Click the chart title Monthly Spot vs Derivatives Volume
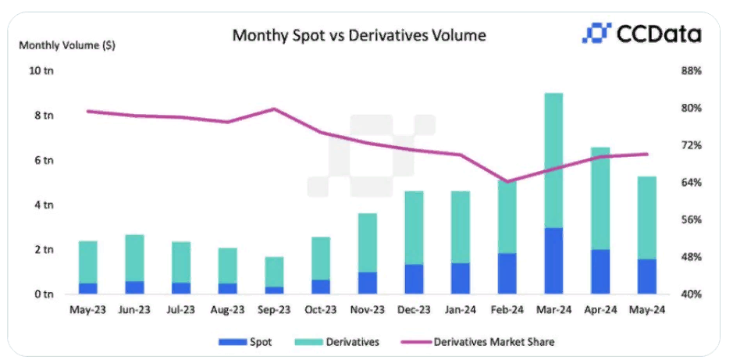360,35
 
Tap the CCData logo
641,34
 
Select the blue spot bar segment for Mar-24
553,261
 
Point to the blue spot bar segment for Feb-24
507,273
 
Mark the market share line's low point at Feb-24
507,182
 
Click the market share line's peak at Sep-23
274,109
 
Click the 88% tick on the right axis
691,71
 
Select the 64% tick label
691,183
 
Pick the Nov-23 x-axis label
367,310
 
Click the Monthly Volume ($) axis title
67,45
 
